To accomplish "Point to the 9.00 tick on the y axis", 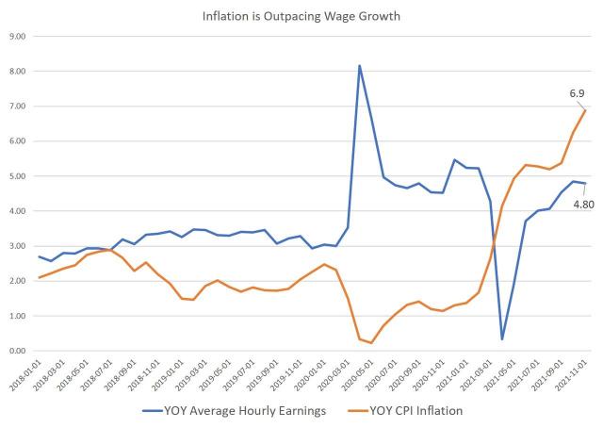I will tap(17, 36).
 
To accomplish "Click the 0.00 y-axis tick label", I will tap(17, 351).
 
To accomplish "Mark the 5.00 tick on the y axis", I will tap(17, 176).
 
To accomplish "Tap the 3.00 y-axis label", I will tap(17, 246).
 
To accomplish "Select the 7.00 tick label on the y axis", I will tap(17, 106).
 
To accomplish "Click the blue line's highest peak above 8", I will tap(359, 66).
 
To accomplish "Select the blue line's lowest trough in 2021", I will tap(502, 339).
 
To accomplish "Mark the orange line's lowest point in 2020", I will tap(371, 343).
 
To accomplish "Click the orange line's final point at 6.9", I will tap(585, 109).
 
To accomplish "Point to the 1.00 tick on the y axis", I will tap(17, 316).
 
